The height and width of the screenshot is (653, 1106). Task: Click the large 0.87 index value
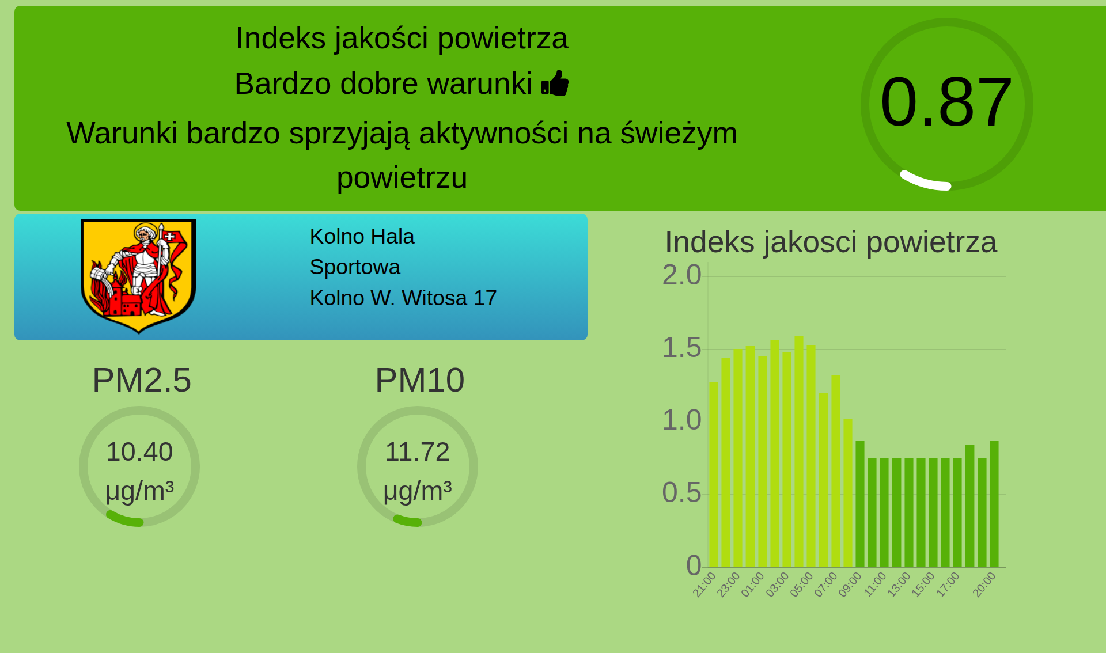coord(946,102)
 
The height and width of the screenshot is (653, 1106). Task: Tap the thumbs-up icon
coord(555,83)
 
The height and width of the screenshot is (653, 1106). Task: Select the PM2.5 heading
coord(142,380)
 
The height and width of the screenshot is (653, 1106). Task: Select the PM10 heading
coord(419,380)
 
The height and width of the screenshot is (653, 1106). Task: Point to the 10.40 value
coord(139,452)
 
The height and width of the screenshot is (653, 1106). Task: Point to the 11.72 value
coord(417,452)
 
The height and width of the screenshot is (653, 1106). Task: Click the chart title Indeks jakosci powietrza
coord(831,242)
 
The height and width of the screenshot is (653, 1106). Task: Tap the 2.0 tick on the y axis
coord(682,275)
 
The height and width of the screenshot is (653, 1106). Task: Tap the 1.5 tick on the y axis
coord(682,348)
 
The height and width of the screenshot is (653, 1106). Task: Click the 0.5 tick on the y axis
coord(682,493)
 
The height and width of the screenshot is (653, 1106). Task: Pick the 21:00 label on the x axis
coord(704,584)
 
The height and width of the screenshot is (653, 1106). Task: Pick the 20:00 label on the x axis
coord(984,584)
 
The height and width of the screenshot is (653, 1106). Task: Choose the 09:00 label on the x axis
coord(850,584)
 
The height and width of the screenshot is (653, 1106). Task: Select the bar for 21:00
coord(714,474)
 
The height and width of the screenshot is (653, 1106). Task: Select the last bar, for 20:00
coord(994,504)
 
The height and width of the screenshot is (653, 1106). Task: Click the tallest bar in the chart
coord(799,451)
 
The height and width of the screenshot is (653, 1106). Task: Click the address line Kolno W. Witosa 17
coord(403,298)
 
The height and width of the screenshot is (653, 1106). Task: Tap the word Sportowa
coord(355,267)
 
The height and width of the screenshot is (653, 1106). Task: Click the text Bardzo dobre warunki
coord(383,84)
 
